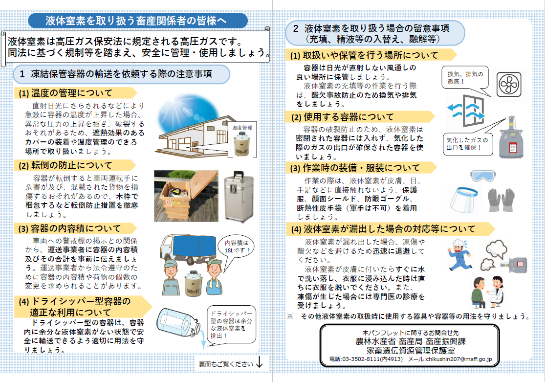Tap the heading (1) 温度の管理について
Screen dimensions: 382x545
tap(66, 93)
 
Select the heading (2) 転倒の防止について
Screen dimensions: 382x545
tap(66, 165)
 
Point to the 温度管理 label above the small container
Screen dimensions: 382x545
tap(242, 128)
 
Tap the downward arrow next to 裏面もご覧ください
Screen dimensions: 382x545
tap(260, 363)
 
